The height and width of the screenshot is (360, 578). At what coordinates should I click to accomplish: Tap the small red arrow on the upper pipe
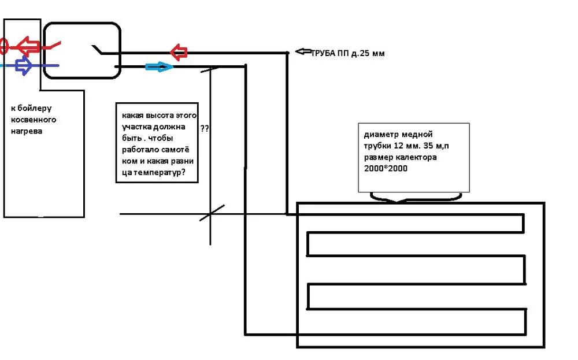[x=179, y=52]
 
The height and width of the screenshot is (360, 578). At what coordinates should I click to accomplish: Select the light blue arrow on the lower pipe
[x=159, y=66]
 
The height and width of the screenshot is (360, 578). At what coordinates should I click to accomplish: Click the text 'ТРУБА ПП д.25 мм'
[x=348, y=53]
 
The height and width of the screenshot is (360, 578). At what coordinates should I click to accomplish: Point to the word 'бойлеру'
[x=34, y=108]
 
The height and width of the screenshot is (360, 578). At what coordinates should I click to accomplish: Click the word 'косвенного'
[x=34, y=120]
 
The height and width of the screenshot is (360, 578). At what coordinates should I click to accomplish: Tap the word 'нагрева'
[x=27, y=131]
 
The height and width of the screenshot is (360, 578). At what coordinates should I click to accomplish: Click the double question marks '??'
[x=205, y=129]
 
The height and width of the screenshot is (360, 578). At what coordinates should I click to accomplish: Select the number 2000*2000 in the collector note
[x=386, y=168]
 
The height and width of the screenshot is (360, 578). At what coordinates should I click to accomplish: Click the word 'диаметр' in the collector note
[x=380, y=135]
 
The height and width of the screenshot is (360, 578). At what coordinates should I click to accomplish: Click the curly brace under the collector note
[x=416, y=198]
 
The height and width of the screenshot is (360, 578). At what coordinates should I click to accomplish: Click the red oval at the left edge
[x=3, y=46]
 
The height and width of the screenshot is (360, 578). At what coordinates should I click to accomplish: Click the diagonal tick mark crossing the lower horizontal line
[x=212, y=213]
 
